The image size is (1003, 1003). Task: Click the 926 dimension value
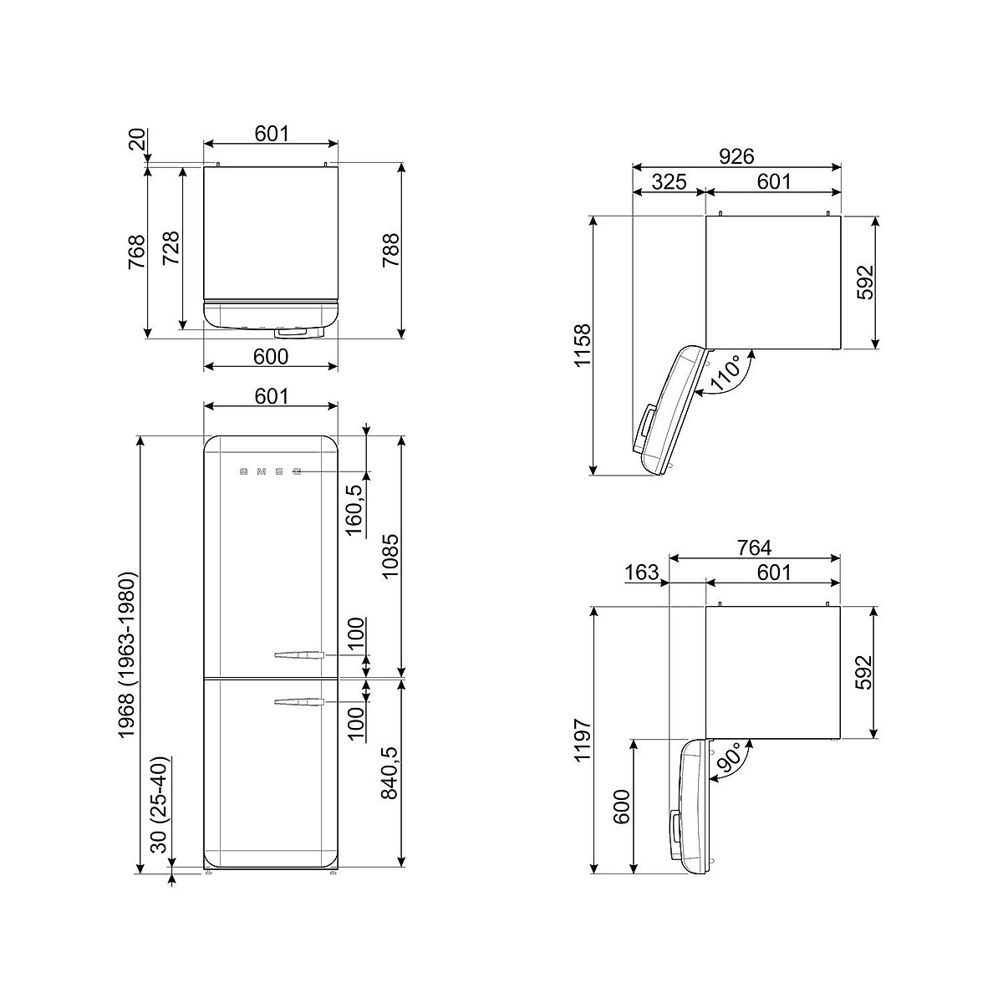click(736, 156)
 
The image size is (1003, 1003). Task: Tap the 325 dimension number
click(670, 181)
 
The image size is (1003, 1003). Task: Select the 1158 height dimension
click(583, 345)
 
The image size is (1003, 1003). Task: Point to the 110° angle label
click(725, 373)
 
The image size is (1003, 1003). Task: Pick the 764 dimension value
click(754, 547)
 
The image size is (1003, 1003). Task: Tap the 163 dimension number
click(641, 573)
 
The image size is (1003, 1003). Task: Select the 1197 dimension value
click(583, 740)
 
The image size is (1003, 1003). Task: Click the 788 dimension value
click(391, 251)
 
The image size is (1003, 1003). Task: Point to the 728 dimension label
click(171, 247)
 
